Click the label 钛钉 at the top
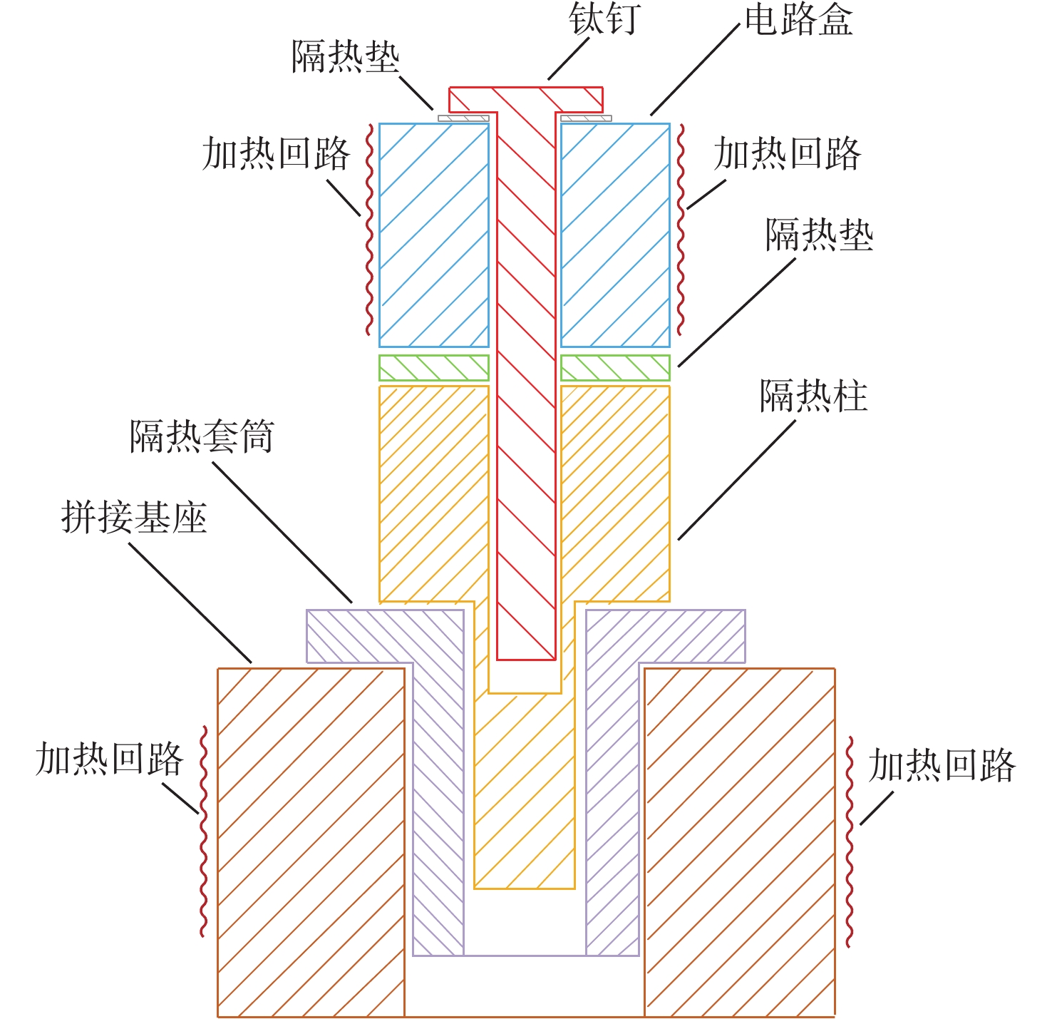(x=605, y=19)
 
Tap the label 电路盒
(x=798, y=21)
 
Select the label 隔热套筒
(x=202, y=436)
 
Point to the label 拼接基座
(x=134, y=517)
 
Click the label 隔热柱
(x=813, y=396)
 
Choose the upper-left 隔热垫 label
(x=346, y=56)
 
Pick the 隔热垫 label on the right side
(x=819, y=234)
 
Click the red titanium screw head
(x=525, y=100)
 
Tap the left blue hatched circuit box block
(x=433, y=235)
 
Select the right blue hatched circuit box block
(x=615, y=235)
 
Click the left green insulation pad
(x=433, y=368)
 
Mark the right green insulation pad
(x=615, y=368)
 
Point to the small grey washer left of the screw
(x=463, y=118)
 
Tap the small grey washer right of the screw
(x=586, y=118)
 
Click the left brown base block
(x=311, y=841)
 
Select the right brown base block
(x=740, y=841)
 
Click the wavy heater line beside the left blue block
(x=369, y=230)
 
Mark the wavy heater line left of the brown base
(x=204, y=831)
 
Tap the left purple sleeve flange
(x=385, y=636)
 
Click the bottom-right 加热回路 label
(x=942, y=765)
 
